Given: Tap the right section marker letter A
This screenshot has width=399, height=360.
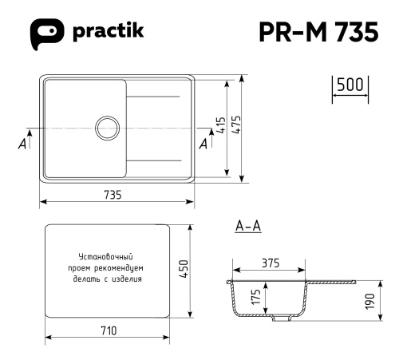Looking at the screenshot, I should click(203, 143).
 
